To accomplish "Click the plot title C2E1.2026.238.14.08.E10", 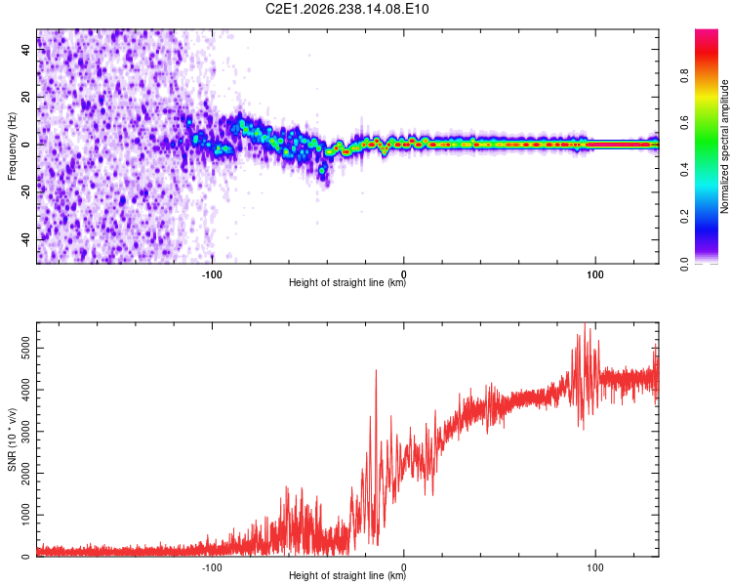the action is pos(346,9).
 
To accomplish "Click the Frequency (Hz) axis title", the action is pos(12,146).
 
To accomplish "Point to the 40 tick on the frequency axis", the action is pos(26,49).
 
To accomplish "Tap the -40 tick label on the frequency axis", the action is pos(26,240).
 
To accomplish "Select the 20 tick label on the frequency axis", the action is pos(26,97).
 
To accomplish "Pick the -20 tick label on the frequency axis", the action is pos(26,192).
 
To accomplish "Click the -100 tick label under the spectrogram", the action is pos(212,274).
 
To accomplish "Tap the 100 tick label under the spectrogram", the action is pos(595,274).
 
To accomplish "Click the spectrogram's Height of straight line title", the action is pos(347,282).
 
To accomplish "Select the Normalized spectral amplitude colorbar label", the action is pos(724,146).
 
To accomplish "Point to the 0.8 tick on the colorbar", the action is pos(684,75).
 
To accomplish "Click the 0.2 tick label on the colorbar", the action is pos(684,217).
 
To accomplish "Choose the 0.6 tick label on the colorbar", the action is pos(684,122).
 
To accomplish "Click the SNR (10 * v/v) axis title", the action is pos(12,439).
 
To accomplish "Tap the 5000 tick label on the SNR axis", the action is pos(26,348).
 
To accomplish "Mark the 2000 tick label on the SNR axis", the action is pos(26,474).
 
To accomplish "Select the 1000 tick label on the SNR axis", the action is pos(26,515).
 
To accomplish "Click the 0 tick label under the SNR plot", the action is pos(404,567).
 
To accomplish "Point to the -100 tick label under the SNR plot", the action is pos(212,567).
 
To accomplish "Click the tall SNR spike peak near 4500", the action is pos(376,370).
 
